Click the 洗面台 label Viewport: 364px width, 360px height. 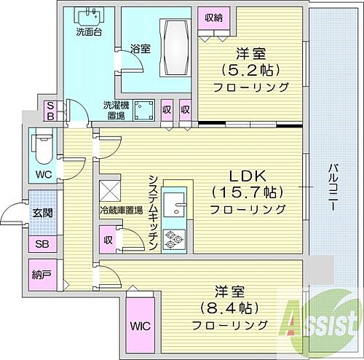tap(88, 32)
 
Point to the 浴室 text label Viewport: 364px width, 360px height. tap(140, 50)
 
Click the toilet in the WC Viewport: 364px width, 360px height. tap(42, 146)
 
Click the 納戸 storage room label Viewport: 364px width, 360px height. tap(41, 275)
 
